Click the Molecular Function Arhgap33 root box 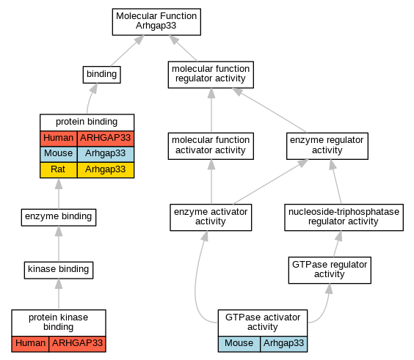tap(156, 22)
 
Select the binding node tap(101, 75)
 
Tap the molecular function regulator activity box tap(211, 75)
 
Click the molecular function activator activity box tap(211, 146)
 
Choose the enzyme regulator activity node tap(327, 146)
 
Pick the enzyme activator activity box tap(211, 217)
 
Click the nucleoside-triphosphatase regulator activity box tap(344, 217)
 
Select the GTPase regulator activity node tap(330, 270)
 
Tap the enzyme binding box tap(59, 217)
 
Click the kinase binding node tap(59, 270)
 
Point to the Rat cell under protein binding tap(58, 170)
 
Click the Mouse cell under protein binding tap(58, 154)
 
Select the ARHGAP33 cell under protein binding tap(106, 139)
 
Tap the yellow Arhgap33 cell tap(106, 170)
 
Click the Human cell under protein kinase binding tap(30, 344)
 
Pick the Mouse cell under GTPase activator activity tap(239, 344)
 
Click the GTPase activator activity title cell tap(263, 323)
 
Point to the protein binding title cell tap(87, 122)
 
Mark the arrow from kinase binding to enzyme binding tap(59, 244)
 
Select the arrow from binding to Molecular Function tap(127, 51)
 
